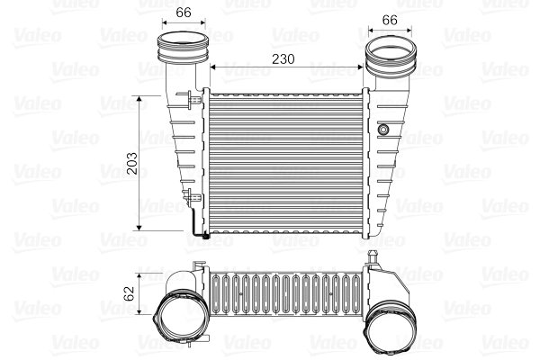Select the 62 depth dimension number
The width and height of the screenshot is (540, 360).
[129, 292]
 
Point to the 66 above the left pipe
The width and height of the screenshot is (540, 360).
[184, 12]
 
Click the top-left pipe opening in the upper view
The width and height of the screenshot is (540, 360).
[182, 41]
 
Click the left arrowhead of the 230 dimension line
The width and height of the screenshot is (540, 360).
[213, 67]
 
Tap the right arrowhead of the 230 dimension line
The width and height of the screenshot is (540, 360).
[362, 67]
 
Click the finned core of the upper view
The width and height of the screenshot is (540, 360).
[286, 162]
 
